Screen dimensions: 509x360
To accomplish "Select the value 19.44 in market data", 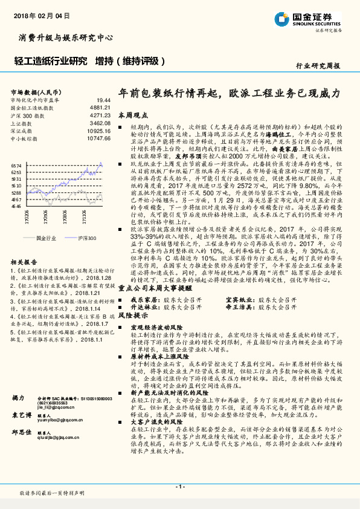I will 104,100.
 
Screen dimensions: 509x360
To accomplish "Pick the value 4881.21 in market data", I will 101,108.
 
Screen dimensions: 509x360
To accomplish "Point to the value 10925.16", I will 100,131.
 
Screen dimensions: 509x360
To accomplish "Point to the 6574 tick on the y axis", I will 16,165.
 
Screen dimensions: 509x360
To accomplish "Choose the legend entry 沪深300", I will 87,239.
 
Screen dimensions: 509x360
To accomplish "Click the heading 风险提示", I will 132,316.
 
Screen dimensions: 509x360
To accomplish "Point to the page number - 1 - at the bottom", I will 179,486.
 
